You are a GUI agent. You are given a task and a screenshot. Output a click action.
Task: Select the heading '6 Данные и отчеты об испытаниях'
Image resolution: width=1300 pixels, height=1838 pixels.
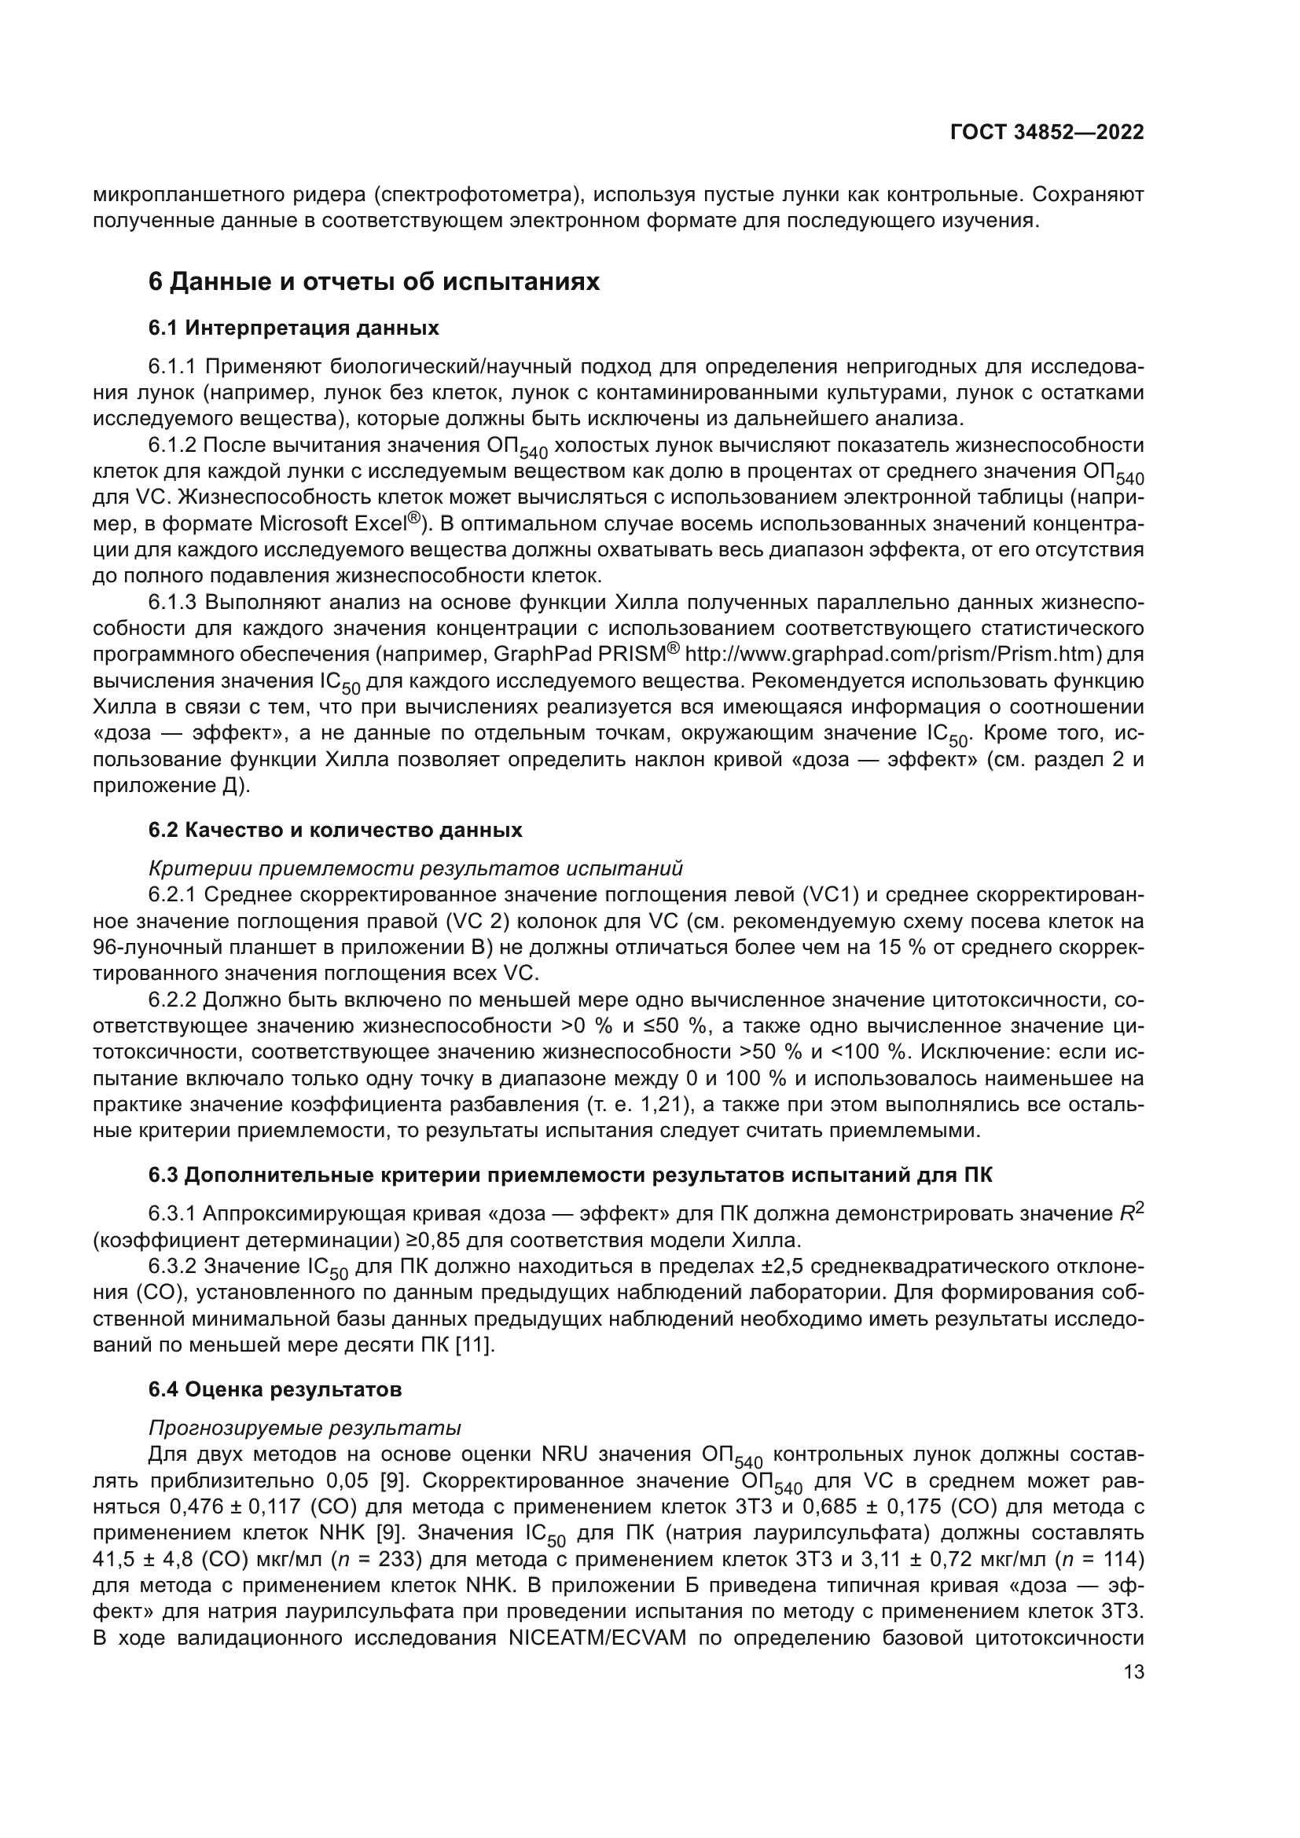pos(374,282)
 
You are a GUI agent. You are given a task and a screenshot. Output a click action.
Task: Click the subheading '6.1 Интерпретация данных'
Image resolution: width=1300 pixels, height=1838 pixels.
pos(293,328)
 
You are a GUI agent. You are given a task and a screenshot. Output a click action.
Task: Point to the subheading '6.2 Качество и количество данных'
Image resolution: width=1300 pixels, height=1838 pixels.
pos(335,830)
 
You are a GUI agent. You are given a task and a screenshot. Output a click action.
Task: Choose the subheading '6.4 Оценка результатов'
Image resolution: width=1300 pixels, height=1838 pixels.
pos(274,1390)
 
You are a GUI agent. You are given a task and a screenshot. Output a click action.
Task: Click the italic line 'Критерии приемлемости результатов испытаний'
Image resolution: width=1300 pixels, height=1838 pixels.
pos(416,868)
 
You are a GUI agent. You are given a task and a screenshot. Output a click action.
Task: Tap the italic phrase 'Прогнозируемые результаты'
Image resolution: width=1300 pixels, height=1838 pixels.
pos(304,1428)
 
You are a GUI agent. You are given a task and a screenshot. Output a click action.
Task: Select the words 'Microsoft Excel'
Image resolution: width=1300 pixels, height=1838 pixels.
pos(333,524)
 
